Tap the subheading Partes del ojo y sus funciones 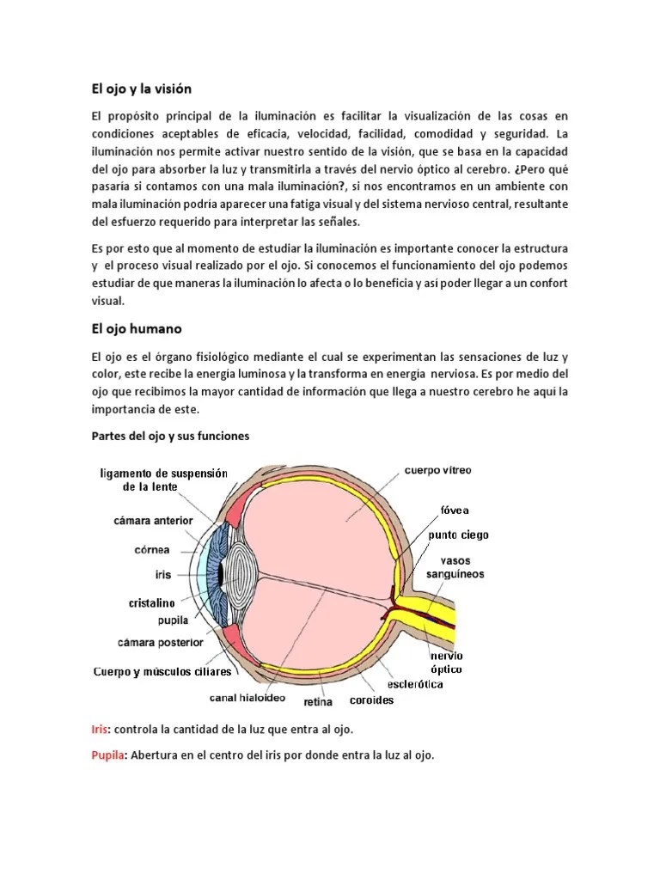tap(170, 436)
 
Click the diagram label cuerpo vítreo tap(437, 471)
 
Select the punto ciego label tap(459, 535)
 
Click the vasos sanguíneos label tap(457, 567)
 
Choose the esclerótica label tap(415, 684)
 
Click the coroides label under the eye tap(372, 700)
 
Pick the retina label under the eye tap(319, 701)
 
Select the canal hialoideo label tap(247, 697)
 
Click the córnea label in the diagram tap(151, 549)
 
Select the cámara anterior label tap(153, 520)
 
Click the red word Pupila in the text tap(107, 755)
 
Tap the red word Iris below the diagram tap(101, 729)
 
